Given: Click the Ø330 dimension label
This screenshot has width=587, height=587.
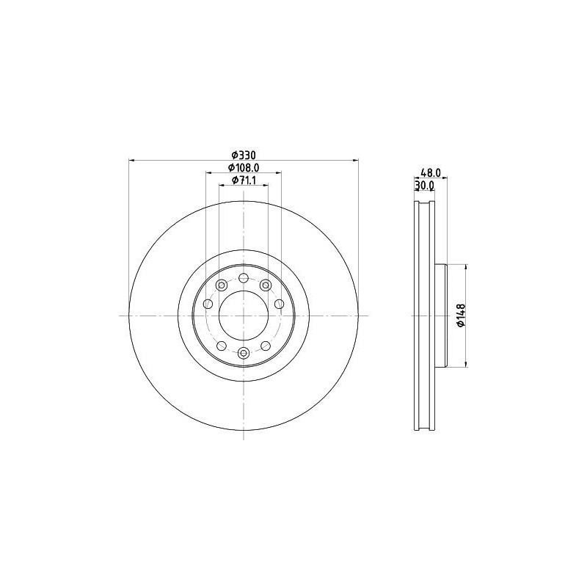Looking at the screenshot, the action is pyautogui.click(x=244, y=155).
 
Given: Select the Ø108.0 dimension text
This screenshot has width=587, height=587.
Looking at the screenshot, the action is pyautogui.click(x=244, y=167).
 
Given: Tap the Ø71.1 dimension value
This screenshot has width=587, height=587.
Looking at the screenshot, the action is pyautogui.click(x=244, y=181).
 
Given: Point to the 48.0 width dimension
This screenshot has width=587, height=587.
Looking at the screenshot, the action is pyautogui.click(x=431, y=172).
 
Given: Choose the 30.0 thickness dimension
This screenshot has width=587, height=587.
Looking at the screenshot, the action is pyautogui.click(x=424, y=185).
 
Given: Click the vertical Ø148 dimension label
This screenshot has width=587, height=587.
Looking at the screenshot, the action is pyautogui.click(x=462, y=316).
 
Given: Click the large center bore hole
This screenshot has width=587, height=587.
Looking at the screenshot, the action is pyautogui.click(x=244, y=316).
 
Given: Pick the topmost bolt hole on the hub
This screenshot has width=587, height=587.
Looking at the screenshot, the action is pyautogui.click(x=244, y=278).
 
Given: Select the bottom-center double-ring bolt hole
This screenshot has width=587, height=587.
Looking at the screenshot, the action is pyautogui.click(x=244, y=353).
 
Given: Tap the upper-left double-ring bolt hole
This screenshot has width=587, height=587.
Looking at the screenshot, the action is pyautogui.click(x=222, y=285).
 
